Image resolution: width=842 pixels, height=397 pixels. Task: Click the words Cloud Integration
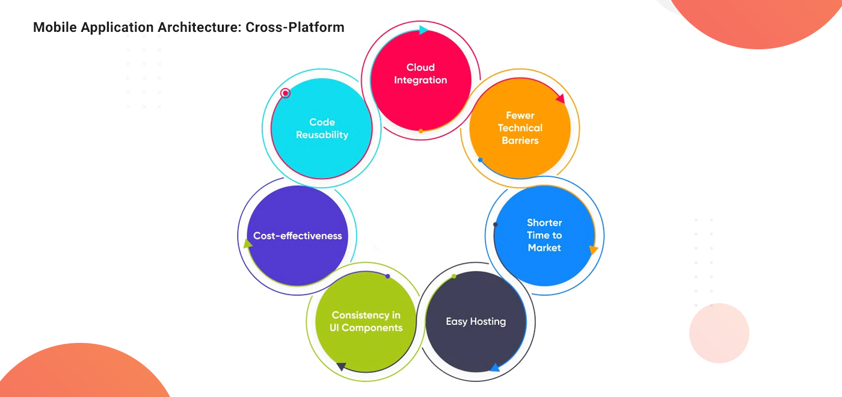(x=420, y=74)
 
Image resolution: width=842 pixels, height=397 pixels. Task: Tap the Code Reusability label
(x=322, y=129)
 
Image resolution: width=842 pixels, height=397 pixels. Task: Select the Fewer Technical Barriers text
(x=520, y=128)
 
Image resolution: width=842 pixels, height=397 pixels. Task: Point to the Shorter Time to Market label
(x=544, y=235)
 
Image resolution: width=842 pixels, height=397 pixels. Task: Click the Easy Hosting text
(x=476, y=321)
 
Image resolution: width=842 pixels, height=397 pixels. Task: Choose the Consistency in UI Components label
(x=366, y=321)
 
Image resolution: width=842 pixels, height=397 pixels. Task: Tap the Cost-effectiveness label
(x=297, y=236)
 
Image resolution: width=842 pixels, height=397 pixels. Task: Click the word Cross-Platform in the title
(x=295, y=27)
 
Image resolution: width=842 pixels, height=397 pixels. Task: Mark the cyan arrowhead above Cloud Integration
(x=423, y=30)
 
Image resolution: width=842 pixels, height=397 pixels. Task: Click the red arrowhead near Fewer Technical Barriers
(x=561, y=99)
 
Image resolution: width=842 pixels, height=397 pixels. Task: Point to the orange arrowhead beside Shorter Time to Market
(x=594, y=250)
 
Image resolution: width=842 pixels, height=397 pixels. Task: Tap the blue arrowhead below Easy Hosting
(x=494, y=368)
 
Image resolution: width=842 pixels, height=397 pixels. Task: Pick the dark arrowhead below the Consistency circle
(x=341, y=366)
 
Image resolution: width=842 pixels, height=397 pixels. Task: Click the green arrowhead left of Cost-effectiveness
(x=247, y=244)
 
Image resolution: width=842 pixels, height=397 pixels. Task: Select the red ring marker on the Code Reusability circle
(x=286, y=93)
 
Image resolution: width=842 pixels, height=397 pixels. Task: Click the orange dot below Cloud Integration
(x=421, y=131)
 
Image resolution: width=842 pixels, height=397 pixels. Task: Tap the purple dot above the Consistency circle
(x=388, y=276)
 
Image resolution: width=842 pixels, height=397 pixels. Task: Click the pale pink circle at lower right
(x=719, y=333)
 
